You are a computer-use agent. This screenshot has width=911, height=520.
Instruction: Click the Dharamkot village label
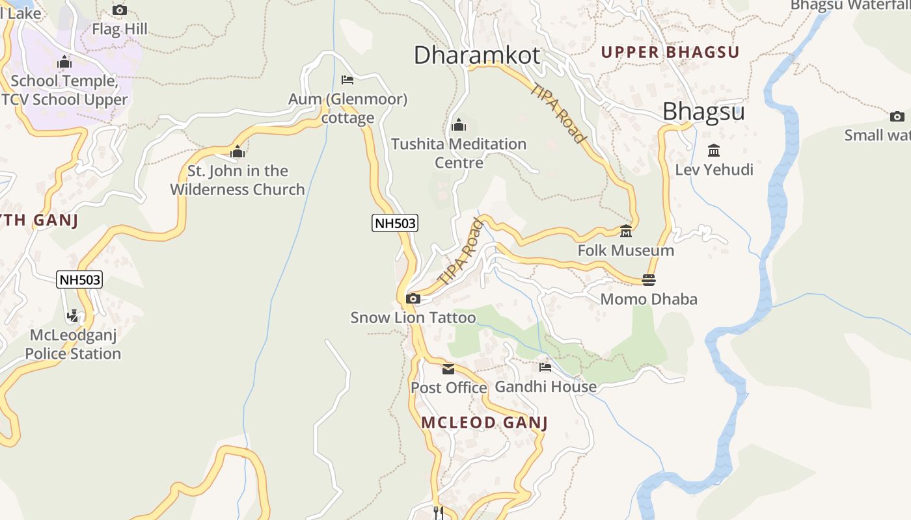tap(476, 55)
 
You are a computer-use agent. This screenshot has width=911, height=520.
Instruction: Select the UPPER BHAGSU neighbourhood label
tap(670, 53)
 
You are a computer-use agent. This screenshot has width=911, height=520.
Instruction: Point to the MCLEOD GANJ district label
tap(484, 422)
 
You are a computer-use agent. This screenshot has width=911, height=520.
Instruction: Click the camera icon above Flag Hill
tap(120, 10)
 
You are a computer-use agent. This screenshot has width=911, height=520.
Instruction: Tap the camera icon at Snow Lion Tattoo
tap(413, 299)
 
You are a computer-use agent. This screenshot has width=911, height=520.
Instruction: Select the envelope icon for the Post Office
tap(448, 369)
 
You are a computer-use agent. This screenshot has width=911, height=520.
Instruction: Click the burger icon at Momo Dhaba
tap(648, 280)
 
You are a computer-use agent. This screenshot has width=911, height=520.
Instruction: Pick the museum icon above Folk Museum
tap(626, 231)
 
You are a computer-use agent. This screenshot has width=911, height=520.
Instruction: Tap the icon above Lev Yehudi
tap(714, 151)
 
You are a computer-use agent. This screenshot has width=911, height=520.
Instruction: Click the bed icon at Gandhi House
tap(545, 367)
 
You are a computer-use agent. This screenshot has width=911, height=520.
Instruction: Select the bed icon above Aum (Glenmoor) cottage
tap(347, 80)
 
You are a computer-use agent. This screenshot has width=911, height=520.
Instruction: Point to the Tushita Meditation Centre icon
tap(459, 124)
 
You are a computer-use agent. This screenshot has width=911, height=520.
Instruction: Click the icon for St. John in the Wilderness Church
tap(238, 151)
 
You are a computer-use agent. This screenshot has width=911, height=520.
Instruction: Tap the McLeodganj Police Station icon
tap(73, 317)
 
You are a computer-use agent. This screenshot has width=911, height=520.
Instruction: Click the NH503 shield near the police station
tap(79, 279)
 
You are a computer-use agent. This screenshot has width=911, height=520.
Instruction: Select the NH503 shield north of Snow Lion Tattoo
tap(395, 223)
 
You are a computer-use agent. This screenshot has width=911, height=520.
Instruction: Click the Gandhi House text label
tap(545, 387)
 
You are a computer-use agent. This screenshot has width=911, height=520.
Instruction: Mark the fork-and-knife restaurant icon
tap(438, 512)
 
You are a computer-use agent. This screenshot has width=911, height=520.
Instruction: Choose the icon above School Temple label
tap(64, 62)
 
